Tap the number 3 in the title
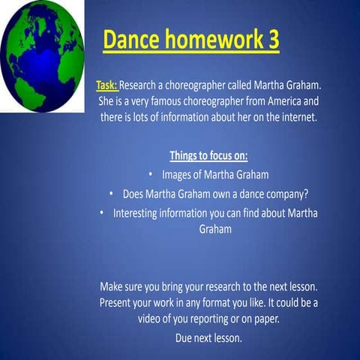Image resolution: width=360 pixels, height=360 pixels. coord(272,40)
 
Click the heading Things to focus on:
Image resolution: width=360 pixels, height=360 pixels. coord(208,156)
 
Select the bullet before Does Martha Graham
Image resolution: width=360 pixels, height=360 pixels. coord(112,194)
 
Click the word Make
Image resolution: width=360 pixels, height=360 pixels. coord(112,286)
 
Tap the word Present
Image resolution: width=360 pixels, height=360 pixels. coord(119,303)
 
